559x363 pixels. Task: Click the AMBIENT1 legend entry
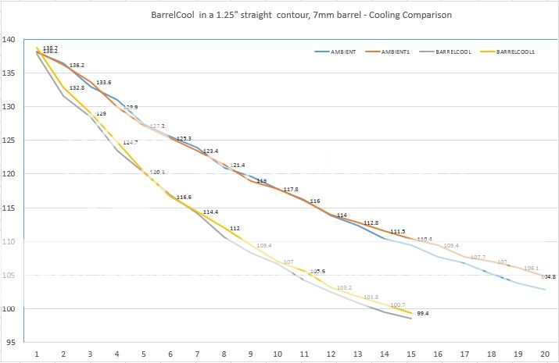point(400,52)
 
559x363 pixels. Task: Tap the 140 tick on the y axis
point(11,40)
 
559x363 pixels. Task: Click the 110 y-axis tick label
point(11,241)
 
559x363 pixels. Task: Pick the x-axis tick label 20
point(544,354)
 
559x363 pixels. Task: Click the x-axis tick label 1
point(36,354)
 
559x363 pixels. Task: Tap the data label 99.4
point(422,312)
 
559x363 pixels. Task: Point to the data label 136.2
point(77,66)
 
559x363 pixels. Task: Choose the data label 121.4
point(237,165)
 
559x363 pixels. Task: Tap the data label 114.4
point(211,212)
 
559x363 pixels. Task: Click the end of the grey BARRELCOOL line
point(411,319)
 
